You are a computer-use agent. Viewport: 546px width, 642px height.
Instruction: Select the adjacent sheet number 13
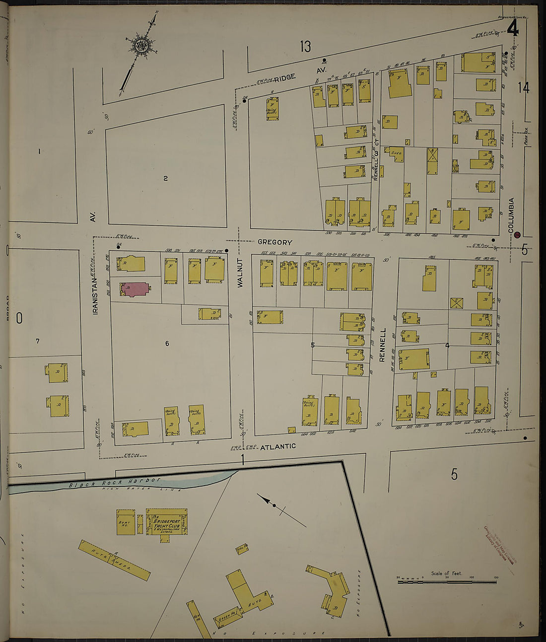point(305,47)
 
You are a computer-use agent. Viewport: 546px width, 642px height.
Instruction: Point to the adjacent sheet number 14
point(523,88)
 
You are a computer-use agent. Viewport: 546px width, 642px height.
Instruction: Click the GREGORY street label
point(274,242)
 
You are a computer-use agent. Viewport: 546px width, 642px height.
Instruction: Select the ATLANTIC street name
point(278,446)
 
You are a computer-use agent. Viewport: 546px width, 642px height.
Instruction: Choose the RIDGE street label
point(284,77)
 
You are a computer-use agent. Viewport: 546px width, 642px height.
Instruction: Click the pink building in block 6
point(133,289)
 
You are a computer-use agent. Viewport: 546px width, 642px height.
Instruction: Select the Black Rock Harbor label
point(115,482)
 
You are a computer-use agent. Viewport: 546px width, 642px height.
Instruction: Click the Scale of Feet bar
point(446,581)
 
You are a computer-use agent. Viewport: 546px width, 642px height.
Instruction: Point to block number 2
point(166,178)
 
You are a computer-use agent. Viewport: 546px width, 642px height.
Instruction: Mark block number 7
point(37,341)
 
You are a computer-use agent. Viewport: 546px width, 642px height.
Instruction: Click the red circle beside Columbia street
point(517,235)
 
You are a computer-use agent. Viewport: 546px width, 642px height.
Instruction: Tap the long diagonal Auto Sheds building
point(114,560)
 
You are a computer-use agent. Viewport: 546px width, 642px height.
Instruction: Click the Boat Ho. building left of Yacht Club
point(126,522)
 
